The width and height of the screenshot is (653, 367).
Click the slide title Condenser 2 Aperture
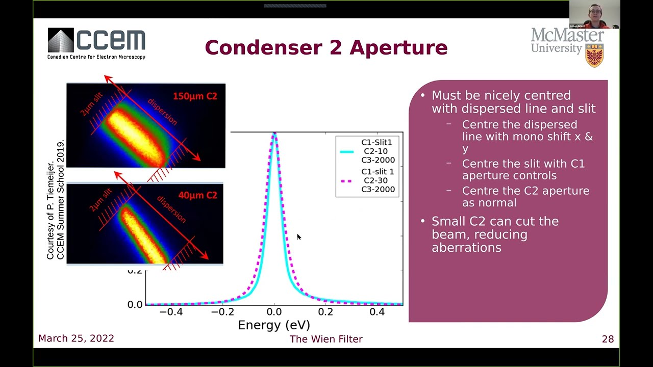(x=326, y=48)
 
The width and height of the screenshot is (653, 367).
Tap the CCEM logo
(x=96, y=43)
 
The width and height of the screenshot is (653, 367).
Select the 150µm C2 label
(x=195, y=96)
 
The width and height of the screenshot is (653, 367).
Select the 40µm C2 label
(x=197, y=195)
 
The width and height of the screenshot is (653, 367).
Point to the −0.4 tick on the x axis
(x=171, y=312)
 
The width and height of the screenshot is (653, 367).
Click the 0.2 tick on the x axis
(x=325, y=312)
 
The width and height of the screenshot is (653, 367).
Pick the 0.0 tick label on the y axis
(x=135, y=304)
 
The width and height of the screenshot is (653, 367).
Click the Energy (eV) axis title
(x=274, y=325)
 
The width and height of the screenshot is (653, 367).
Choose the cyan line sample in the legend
(x=347, y=151)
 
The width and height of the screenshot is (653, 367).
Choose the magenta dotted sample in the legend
(x=347, y=181)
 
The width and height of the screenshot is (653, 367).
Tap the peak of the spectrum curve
(x=274, y=135)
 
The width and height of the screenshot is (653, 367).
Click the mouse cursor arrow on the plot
(x=298, y=237)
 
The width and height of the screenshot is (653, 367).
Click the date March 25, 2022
(x=76, y=338)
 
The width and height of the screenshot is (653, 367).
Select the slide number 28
(x=608, y=339)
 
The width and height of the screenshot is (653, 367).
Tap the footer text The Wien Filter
(x=326, y=339)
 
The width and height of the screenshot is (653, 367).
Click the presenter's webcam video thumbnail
(x=594, y=14)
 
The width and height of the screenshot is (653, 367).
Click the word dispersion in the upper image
(x=162, y=112)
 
